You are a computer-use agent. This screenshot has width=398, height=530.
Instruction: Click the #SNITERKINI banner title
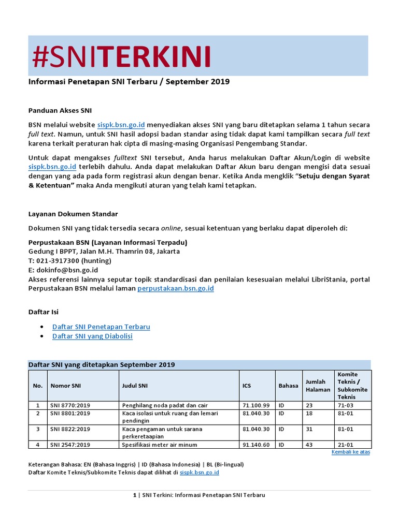[x=121, y=57]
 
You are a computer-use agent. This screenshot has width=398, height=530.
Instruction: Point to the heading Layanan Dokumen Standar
[x=73, y=214]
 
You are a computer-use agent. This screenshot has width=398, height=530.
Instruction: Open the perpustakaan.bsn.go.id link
[x=175, y=289]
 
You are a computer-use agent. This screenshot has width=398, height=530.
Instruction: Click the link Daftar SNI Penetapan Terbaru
[x=101, y=327]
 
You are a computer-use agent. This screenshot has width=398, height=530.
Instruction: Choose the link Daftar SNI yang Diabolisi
[x=92, y=336]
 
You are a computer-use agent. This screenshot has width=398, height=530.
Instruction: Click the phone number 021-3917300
[x=55, y=261]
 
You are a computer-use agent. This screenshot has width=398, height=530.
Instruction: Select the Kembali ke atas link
[x=350, y=452]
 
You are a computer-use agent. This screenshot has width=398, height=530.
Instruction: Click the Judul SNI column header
[x=135, y=386]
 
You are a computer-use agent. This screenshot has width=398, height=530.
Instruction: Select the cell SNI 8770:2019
[x=70, y=405]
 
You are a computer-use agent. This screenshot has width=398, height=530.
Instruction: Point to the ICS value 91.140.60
[x=256, y=445]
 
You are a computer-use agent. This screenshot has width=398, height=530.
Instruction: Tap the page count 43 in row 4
[x=309, y=445]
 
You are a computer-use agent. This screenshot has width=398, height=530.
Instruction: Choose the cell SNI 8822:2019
[x=70, y=429]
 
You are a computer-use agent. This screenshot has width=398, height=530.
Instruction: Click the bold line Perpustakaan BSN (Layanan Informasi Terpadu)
[x=107, y=242]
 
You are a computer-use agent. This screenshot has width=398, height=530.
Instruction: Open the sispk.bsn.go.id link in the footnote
[x=200, y=473]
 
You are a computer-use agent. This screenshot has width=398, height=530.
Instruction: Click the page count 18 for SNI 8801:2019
[x=309, y=414]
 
